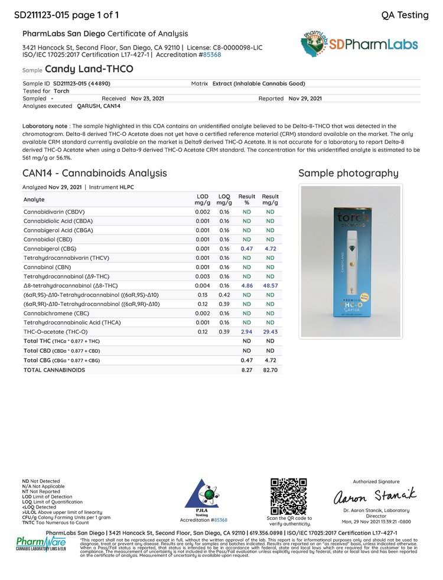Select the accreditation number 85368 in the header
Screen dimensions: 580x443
(x=211, y=54)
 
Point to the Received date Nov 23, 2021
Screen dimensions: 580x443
(x=147, y=99)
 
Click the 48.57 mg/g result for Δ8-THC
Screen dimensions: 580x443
(x=270, y=285)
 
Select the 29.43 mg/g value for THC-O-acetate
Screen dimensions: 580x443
(x=270, y=333)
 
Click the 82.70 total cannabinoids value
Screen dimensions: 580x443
(x=270, y=370)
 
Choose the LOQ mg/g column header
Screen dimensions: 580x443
(x=224, y=200)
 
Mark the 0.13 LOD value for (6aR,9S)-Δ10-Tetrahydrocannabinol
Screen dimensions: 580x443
(x=202, y=294)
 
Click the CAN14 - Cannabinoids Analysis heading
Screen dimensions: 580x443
(x=95, y=173)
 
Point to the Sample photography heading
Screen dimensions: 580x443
(x=348, y=173)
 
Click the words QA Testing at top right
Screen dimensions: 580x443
(x=405, y=15)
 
